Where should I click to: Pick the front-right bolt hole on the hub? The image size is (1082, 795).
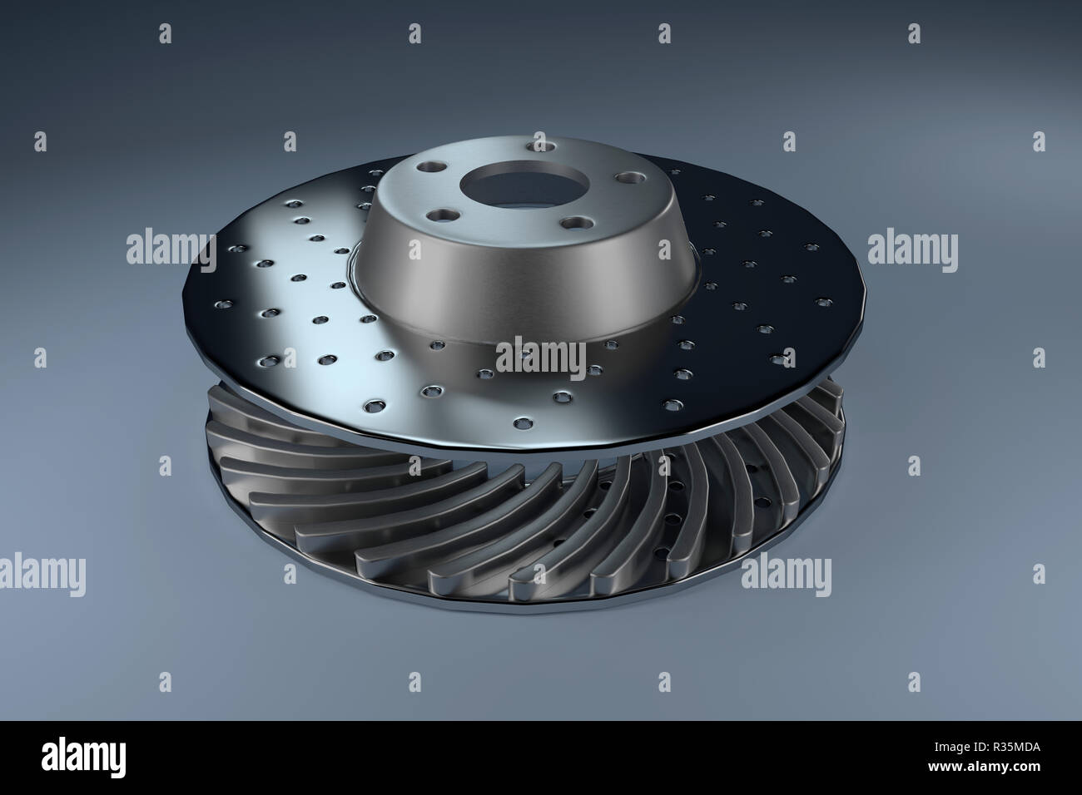pos(576,222)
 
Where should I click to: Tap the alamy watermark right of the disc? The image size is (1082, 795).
pos(912,249)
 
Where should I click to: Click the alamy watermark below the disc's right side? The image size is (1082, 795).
pos(786,574)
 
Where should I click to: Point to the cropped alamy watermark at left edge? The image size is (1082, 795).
pos(42,574)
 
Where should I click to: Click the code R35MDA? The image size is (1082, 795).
pos(1017,747)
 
